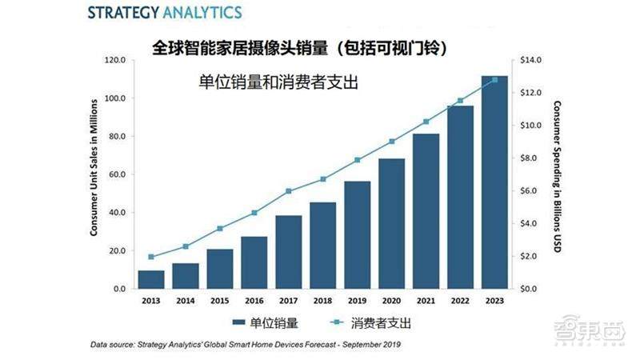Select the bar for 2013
(x=150, y=279)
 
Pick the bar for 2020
(x=391, y=223)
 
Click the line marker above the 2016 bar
(x=254, y=213)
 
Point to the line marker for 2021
(x=426, y=122)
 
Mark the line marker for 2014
(x=185, y=246)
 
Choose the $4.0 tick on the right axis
(x=530, y=223)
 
